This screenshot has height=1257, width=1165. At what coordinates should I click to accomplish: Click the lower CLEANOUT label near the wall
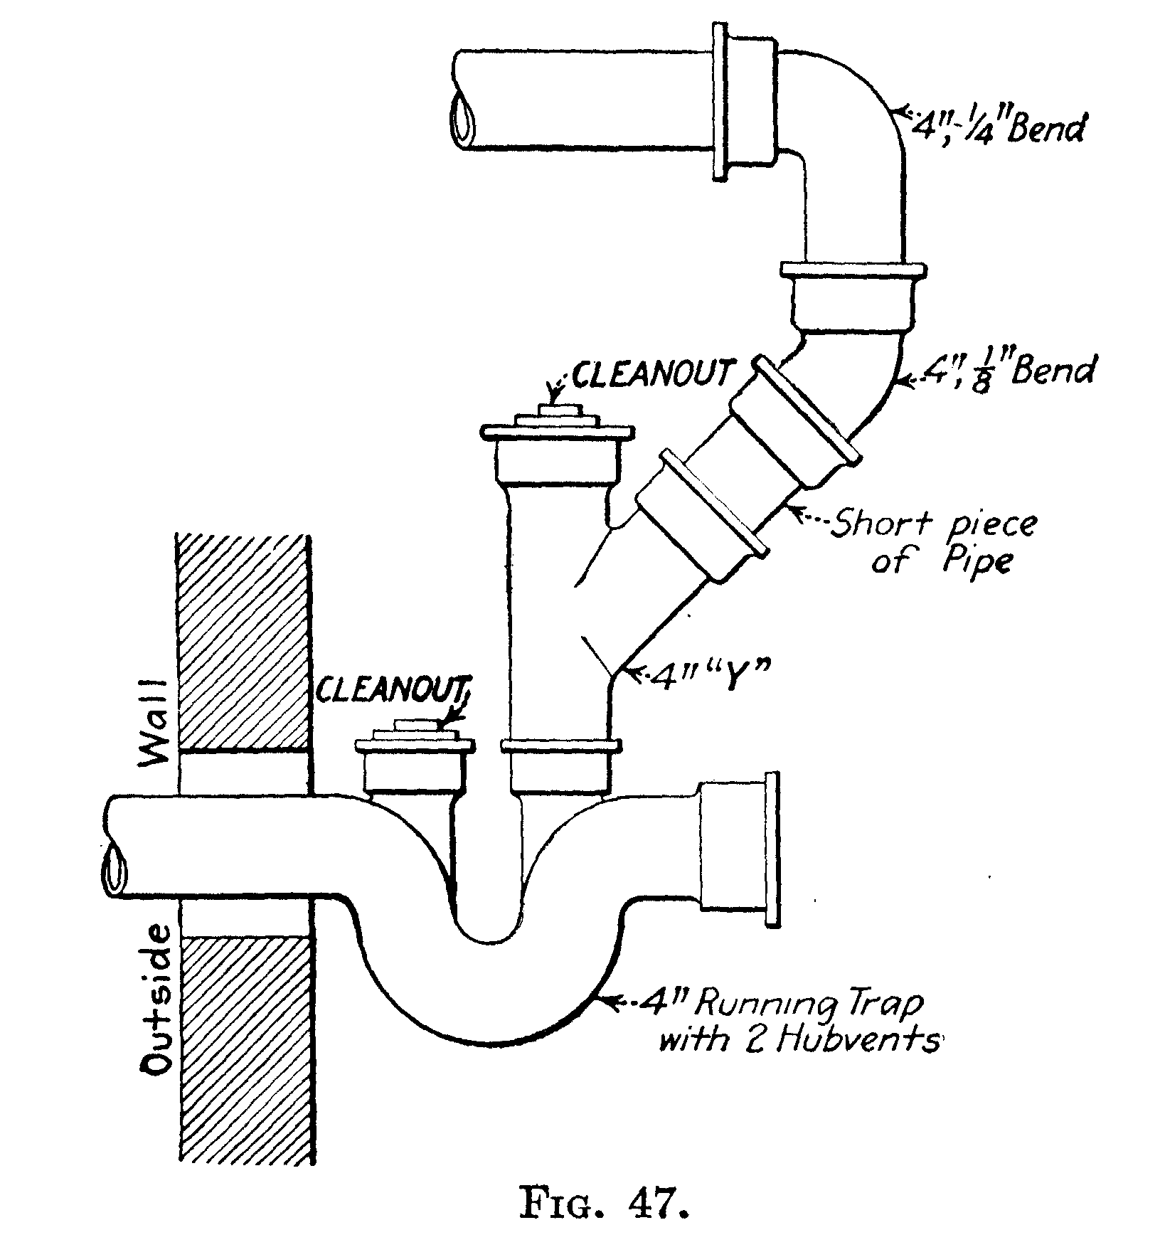[x=394, y=689]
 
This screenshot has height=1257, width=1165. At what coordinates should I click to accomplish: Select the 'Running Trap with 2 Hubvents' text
[x=793, y=1023]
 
